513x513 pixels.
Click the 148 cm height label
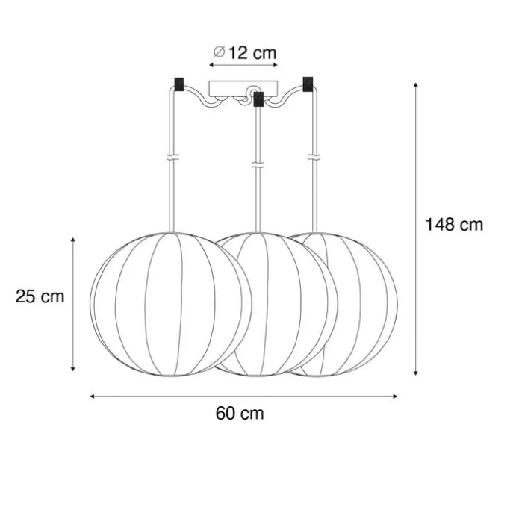454,224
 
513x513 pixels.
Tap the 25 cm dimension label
40,296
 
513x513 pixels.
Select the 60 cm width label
240,413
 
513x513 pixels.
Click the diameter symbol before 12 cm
219,52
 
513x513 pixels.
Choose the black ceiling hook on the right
307,83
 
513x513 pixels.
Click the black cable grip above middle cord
258,99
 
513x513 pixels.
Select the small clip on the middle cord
258,165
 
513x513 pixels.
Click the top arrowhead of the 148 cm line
416,86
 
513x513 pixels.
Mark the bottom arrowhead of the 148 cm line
416,373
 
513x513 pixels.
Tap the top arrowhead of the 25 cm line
73,240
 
